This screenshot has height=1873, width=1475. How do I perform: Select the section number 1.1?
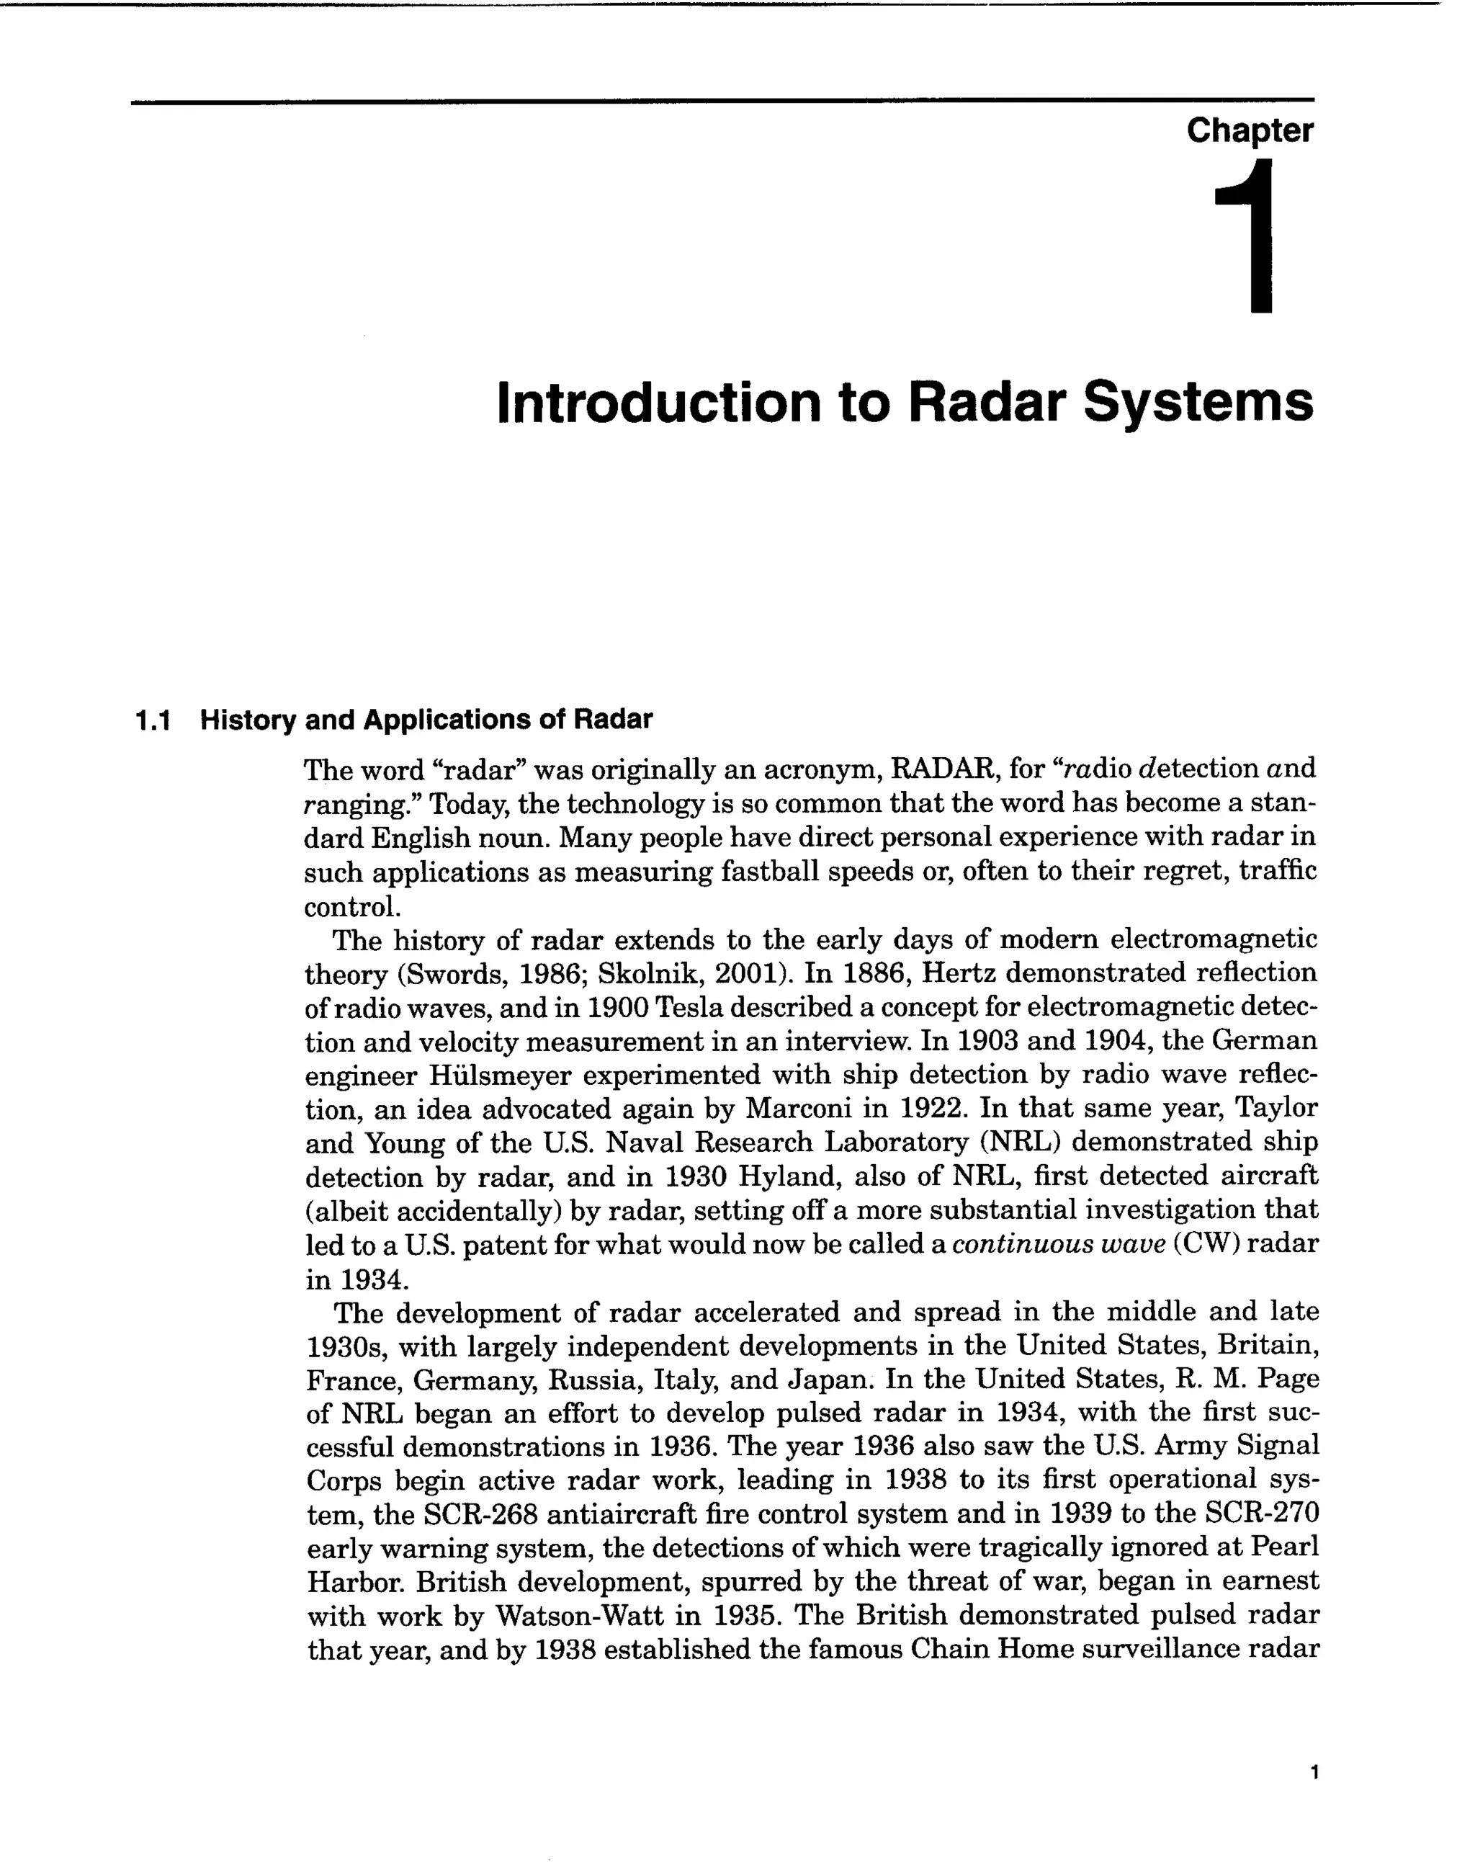[153, 720]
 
